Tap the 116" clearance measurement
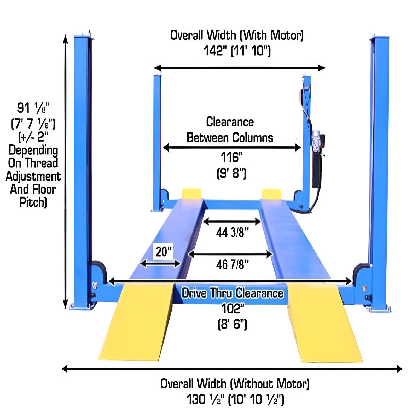231,157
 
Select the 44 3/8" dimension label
232,232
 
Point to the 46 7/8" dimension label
232,265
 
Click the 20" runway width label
164,252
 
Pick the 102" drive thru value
232,309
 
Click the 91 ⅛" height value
33,108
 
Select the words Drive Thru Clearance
232,293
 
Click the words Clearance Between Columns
230,130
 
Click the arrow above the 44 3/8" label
232,222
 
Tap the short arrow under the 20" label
160,264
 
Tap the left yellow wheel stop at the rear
191,193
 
